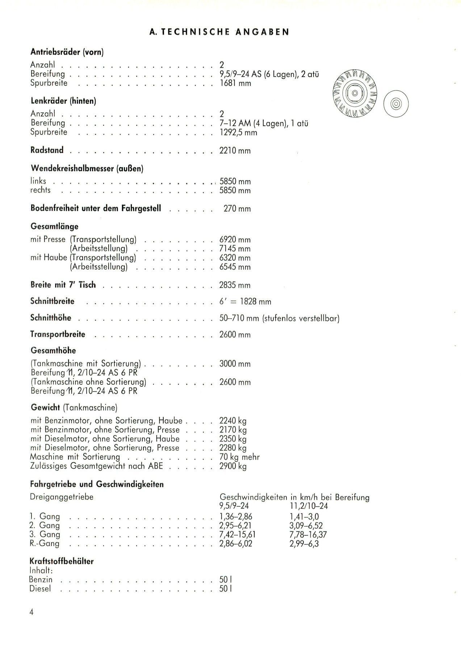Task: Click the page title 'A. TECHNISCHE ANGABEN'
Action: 219,32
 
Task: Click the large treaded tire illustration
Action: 354,93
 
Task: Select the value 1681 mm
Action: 235,83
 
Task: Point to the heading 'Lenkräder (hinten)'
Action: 63,101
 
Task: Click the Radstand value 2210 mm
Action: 235,150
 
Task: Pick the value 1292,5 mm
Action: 238,132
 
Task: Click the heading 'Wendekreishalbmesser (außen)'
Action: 87,168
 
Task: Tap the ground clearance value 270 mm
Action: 237,209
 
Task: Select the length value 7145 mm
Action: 235,249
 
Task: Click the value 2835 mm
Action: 235,285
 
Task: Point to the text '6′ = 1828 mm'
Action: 245,302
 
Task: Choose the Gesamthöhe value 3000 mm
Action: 235,364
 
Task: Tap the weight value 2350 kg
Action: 233,439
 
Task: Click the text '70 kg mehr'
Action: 239,457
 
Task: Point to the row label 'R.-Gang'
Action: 45,544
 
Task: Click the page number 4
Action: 32,612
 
